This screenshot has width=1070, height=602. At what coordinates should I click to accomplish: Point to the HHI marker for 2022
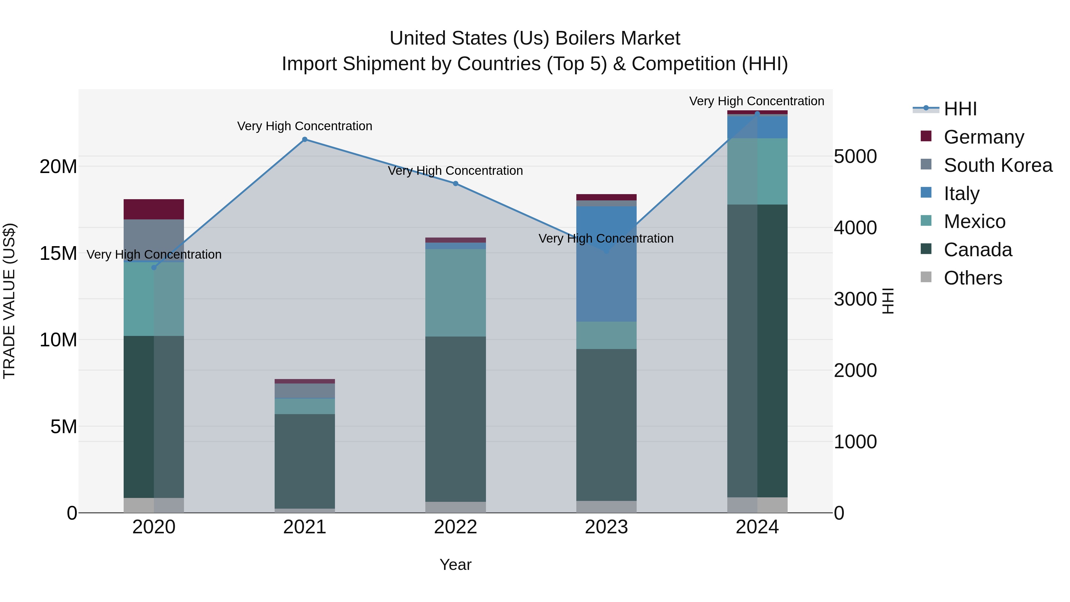tap(455, 184)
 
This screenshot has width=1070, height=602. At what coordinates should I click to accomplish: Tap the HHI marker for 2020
tap(154, 268)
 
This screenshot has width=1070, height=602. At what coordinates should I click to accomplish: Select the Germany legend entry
tap(984, 137)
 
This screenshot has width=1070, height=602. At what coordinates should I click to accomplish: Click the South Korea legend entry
tap(998, 165)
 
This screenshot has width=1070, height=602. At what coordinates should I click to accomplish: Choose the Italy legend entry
tap(961, 194)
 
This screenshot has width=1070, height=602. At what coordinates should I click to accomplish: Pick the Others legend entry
tap(973, 278)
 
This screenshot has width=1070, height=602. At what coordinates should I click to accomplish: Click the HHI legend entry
tap(960, 109)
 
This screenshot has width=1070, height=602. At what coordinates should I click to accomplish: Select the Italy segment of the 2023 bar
tap(606, 264)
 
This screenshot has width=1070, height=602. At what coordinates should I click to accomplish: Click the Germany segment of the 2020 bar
tap(154, 209)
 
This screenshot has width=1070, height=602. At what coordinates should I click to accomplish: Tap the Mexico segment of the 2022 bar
tap(455, 293)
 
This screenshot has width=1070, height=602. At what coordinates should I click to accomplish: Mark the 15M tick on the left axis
tap(58, 253)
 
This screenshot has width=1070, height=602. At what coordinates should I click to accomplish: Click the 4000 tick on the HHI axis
tap(855, 228)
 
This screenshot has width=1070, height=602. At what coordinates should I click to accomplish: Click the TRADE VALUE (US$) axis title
tap(9, 301)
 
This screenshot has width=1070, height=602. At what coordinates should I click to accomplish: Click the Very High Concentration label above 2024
tap(756, 101)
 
